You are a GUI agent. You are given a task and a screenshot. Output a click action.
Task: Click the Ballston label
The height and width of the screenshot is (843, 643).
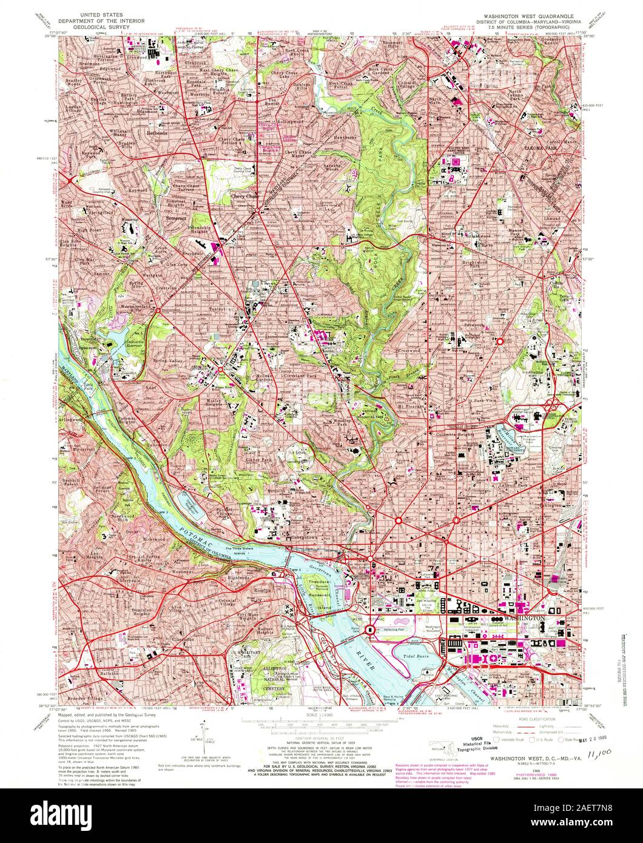[108, 673]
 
